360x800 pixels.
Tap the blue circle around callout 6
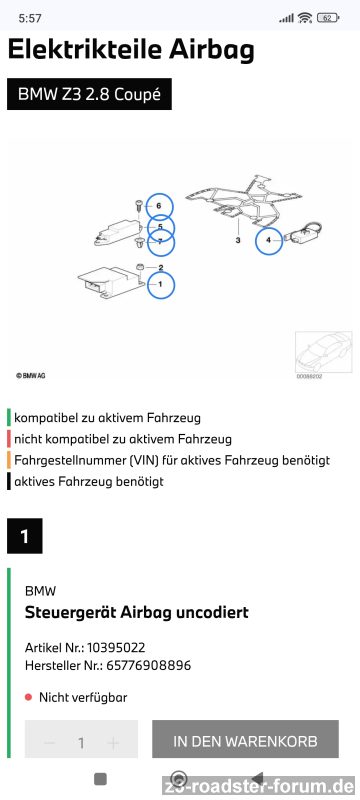pyautogui.click(x=147, y=207)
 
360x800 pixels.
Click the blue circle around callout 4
pyautogui.click(x=256, y=240)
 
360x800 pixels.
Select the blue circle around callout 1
pyautogui.click(x=148, y=285)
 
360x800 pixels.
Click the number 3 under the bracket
pyautogui.click(x=238, y=240)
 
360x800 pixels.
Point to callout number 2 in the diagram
pyautogui.click(x=161, y=267)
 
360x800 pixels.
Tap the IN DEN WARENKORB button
pyautogui.click(x=245, y=741)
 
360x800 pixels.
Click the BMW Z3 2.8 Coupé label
pyautogui.click(x=89, y=94)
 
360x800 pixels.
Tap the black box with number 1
pyautogui.click(x=24, y=536)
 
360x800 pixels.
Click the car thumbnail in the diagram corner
pyautogui.click(x=323, y=352)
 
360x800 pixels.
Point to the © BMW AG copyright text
pyautogui.click(x=31, y=376)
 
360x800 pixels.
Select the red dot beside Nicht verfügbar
pyautogui.click(x=29, y=697)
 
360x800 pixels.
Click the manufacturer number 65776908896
pyautogui.click(x=148, y=665)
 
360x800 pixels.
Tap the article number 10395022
pyautogui.click(x=116, y=648)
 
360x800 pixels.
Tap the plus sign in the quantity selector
pyautogui.click(x=113, y=743)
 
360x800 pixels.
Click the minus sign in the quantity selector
pyautogui.click(x=49, y=743)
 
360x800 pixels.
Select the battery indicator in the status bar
pyautogui.click(x=328, y=18)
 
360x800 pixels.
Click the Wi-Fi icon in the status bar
pyautogui.click(x=305, y=18)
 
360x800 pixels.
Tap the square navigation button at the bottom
pyautogui.click(x=100, y=779)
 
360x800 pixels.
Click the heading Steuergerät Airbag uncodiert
pyautogui.click(x=137, y=612)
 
